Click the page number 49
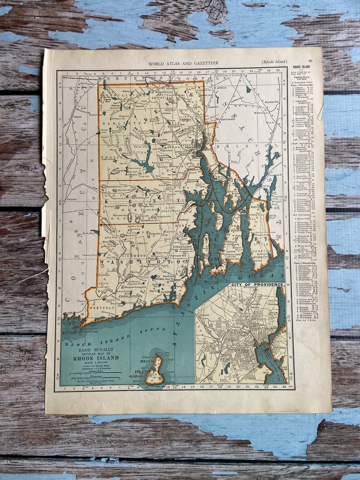[x=310, y=61]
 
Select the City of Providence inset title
[x=258, y=284]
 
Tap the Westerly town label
[x=102, y=307]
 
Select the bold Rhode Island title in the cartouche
[x=96, y=358]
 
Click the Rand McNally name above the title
[x=96, y=348]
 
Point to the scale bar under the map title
[x=93, y=374]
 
